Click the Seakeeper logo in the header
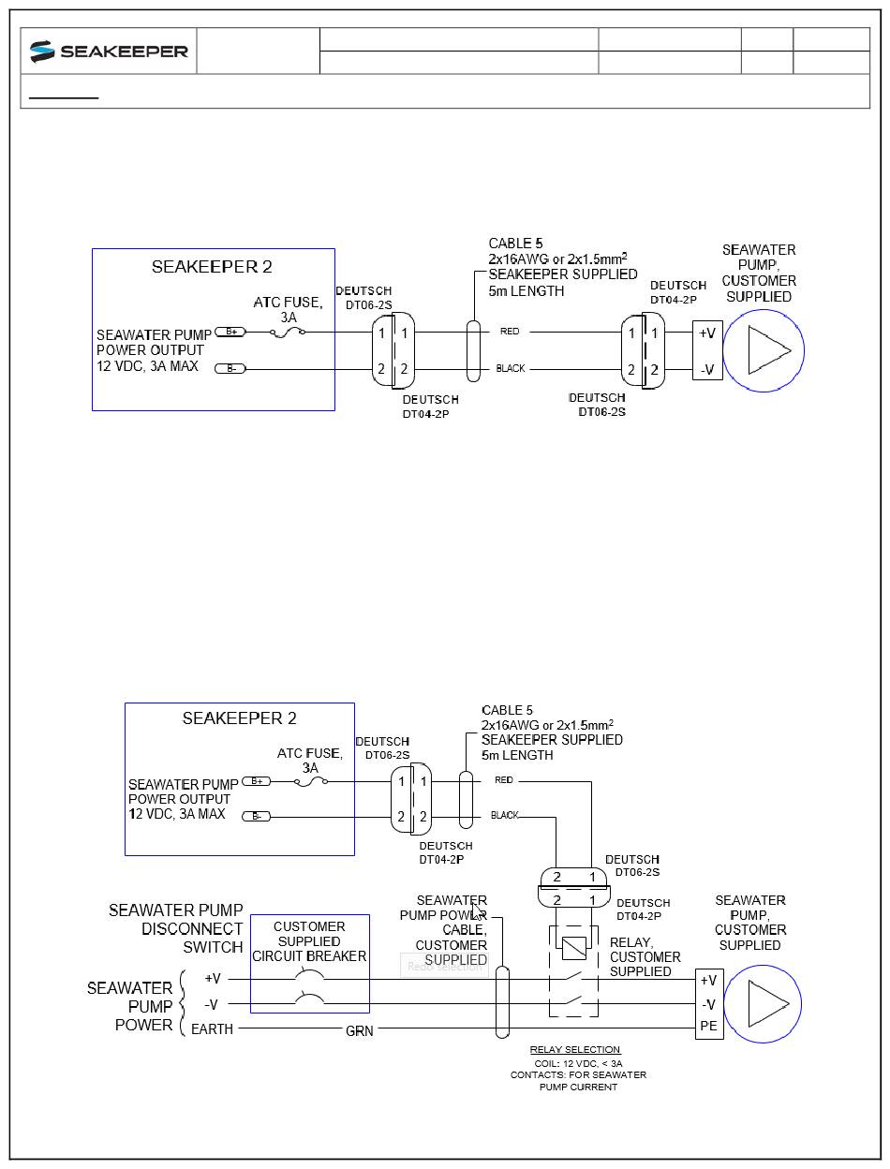pyautogui.click(x=109, y=52)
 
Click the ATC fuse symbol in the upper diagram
pyautogui.click(x=287, y=333)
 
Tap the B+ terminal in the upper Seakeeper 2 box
pyautogui.click(x=230, y=332)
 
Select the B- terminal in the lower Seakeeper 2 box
pyautogui.click(x=256, y=816)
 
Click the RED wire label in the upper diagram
pyautogui.click(x=510, y=332)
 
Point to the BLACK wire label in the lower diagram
pyautogui.click(x=504, y=815)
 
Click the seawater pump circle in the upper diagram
pyautogui.click(x=764, y=350)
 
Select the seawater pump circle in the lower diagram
pyautogui.click(x=763, y=1003)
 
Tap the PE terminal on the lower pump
pyautogui.click(x=709, y=1026)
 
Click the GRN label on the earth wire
pyautogui.click(x=360, y=1031)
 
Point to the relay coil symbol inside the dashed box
pyautogui.click(x=573, y=948)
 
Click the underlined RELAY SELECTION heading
pyautogui.click(x=574, y=1049)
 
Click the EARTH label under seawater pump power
pyautogui.click(x=212, y=1028)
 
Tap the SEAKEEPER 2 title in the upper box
pyautogui.click(x=212, y=266)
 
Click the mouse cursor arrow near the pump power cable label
pyautogui.click(x=478, y=911)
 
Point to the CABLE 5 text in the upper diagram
pyautogui.click(x=515, y=244)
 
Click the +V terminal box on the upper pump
pyautogui.click(x=707, y=333)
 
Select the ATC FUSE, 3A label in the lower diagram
pyautogui.click(x=310, y=760)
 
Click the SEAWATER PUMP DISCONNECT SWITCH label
pyautogui.click(x=176, y=928)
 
